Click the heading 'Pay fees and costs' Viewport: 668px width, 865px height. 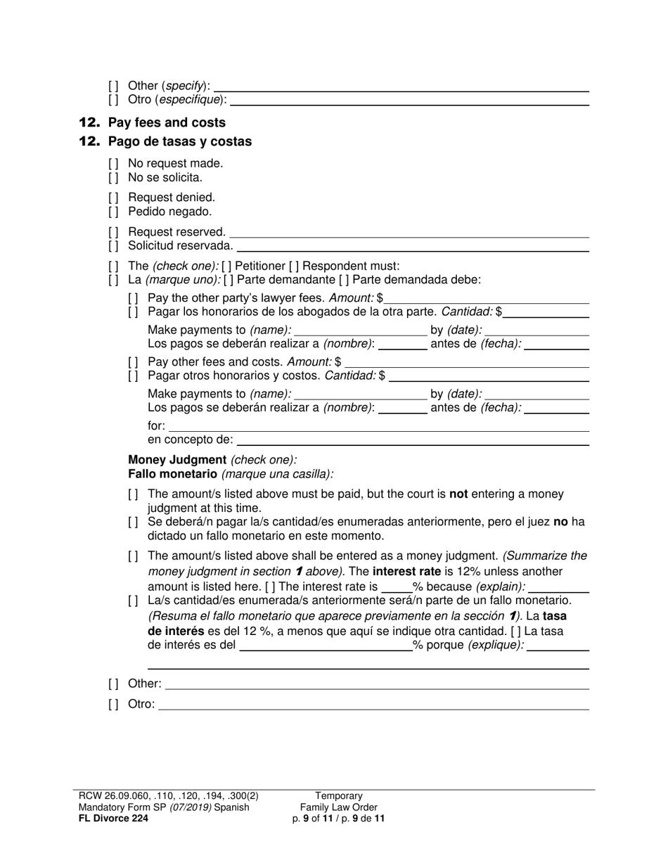point(167,122)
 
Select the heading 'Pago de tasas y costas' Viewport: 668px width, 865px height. point(179,141)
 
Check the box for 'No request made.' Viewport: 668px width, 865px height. point(113,164)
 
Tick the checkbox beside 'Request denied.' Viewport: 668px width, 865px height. point(113,198)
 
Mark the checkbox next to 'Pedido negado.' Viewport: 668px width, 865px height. point(113,212)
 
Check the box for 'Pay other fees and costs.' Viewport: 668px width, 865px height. point(133,362)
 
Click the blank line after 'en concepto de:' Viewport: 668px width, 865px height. point(413,440)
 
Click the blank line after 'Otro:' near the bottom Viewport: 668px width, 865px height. point(373,704)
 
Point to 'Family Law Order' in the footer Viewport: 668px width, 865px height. point(338,807)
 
